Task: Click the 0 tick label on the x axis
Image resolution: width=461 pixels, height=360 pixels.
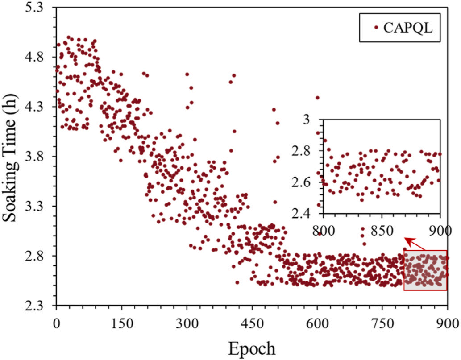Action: (x=56, y=323)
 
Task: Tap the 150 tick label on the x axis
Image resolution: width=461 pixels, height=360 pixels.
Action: (x=121, y=323)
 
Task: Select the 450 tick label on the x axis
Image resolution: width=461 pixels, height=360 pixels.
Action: (x=252, y=323)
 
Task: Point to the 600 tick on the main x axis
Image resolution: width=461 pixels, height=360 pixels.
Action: (x=317, y=323)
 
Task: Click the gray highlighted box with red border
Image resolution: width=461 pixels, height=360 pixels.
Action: (x=425, y=270)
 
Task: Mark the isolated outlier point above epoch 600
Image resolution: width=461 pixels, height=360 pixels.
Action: (x=317, y=98)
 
